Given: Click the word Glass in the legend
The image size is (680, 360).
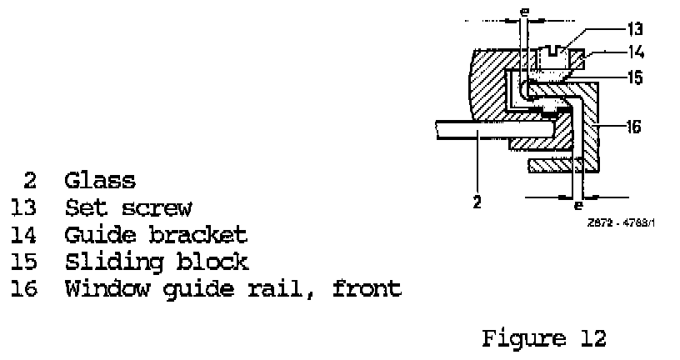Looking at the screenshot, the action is pyautogui.click(x=99, y=180).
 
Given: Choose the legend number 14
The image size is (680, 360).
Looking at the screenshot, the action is pyautogui.click(x=22, y=234).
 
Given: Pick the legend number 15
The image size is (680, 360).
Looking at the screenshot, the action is pyautogui.click(x=22, y=262).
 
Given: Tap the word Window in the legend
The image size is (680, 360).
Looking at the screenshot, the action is pyautogui.click(x=99, y=289).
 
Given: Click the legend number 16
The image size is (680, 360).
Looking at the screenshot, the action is pyautogui.click(x=22, y=289).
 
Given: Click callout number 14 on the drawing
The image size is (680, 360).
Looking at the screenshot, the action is pyautogui.click(x=637, y=52).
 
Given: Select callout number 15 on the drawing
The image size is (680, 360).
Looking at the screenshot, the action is pyautogui.click(x=637, y=77).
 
